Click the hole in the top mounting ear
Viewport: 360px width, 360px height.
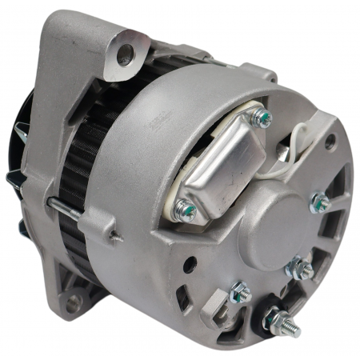coord(125,54)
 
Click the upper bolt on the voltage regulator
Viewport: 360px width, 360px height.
coord(260,119)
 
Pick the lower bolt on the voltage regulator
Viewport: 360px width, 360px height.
coord(185,210)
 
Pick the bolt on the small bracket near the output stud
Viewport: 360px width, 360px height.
coord(238,294)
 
